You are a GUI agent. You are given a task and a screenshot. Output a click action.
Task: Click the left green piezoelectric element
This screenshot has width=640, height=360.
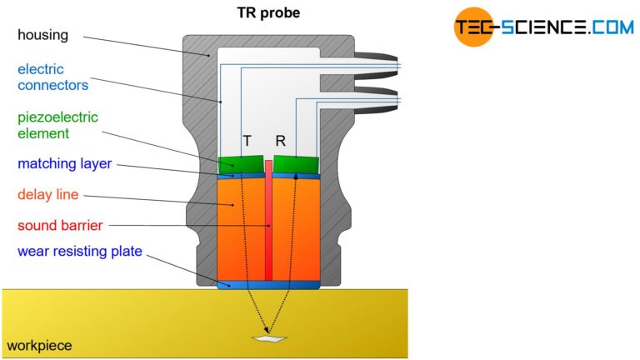[240, 165]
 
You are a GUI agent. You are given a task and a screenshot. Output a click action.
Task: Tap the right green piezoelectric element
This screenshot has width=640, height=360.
[297, 165]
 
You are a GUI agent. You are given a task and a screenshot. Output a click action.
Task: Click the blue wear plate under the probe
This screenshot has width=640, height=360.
[268, 285]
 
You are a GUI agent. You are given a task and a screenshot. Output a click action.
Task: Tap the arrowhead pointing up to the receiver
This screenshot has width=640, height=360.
[296, 177]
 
